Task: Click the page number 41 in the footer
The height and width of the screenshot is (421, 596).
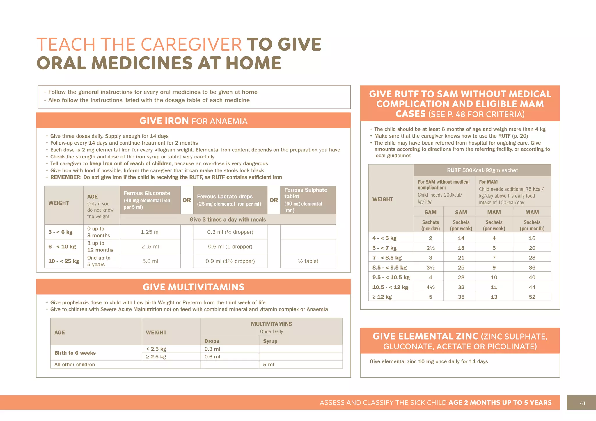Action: tap(582, 403)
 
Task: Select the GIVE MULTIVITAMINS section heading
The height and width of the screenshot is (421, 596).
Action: tap(194, 287)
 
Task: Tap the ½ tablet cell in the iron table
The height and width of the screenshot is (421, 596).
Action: tap(308, 261)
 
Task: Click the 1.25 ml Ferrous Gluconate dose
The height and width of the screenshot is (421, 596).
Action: tap(150, 232)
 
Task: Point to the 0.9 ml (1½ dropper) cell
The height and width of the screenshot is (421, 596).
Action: tap(230, 261)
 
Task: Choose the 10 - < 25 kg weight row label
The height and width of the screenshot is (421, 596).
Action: tap(64, 261)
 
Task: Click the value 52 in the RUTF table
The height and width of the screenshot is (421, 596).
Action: tap(532, 297)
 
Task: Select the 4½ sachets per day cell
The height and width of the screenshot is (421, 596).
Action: tap(430, 287)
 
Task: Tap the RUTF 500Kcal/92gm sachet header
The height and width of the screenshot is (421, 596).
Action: tap(482, 170)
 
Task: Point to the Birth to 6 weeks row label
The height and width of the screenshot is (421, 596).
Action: tap(75, 353)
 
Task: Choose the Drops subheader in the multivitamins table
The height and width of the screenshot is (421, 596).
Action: tap(212, 341)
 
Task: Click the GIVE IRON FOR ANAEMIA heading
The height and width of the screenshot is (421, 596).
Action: tap(194, 121)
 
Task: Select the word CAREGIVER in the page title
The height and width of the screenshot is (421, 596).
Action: tap(191, 44)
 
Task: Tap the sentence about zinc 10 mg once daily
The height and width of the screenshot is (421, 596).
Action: tap(429, 361)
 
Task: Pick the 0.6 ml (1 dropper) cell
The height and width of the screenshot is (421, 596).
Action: tap(230, 247)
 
